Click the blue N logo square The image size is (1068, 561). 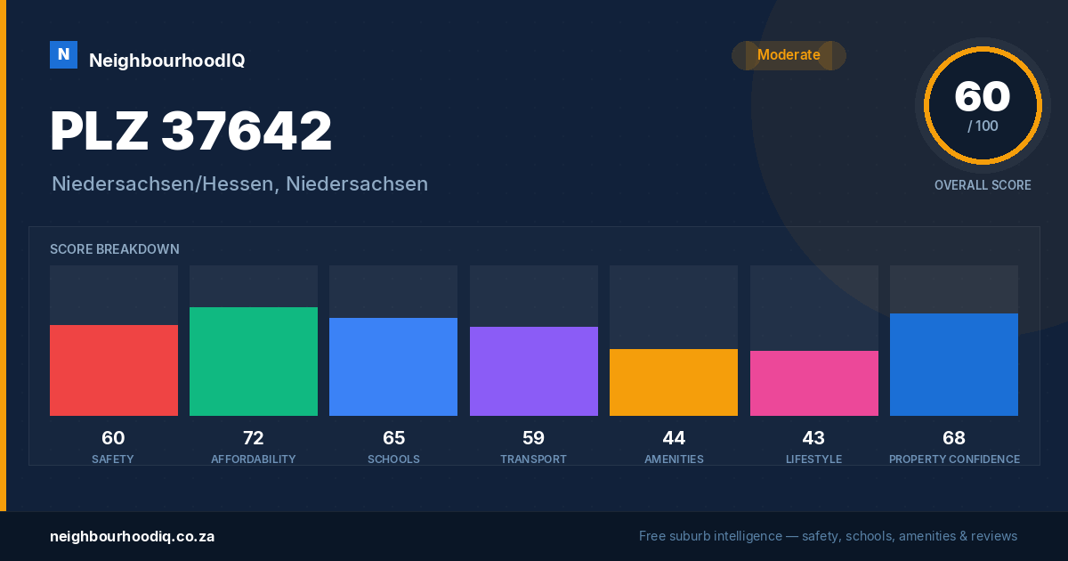point(63,55)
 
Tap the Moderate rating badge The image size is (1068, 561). point(789,55)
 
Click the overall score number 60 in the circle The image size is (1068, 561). point(983,96)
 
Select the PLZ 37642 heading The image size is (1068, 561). point(190,131)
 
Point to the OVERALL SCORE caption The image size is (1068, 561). point(983,185)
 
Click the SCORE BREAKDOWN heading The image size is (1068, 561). point(115,249)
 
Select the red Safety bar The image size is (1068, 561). point(114,370)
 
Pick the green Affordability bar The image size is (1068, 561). point(254,362)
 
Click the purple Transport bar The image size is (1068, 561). point(533,371)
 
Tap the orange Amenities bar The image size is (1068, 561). point(674,382)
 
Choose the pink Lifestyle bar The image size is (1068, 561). point(813,383)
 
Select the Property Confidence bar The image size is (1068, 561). point(954,364)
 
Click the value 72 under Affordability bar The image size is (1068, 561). point(253,438)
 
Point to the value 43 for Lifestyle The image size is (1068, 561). point(813,438)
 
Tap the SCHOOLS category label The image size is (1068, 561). point(393,459)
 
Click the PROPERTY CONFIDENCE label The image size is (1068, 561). point(954,459)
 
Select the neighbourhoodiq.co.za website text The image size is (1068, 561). point(132,537)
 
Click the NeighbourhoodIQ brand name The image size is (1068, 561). point(167,61)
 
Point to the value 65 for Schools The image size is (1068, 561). point(393,438)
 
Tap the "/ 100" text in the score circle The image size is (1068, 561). point(983,126)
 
